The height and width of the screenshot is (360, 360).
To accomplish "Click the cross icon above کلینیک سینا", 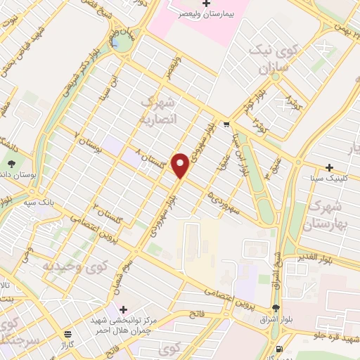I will point(329,167).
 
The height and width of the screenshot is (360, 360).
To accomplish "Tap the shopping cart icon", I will point(225,125).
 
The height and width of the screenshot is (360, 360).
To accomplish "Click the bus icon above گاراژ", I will point(67,335).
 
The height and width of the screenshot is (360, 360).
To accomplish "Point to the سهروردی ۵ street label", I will point(222,200).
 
